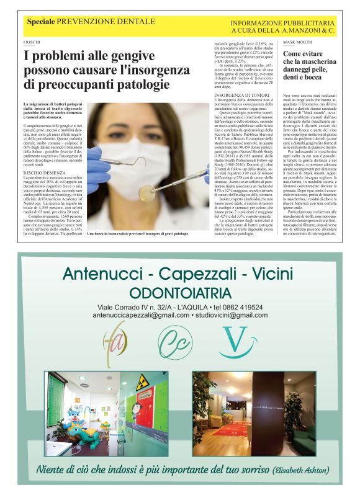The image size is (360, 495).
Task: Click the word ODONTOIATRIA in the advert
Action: (180, 293)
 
